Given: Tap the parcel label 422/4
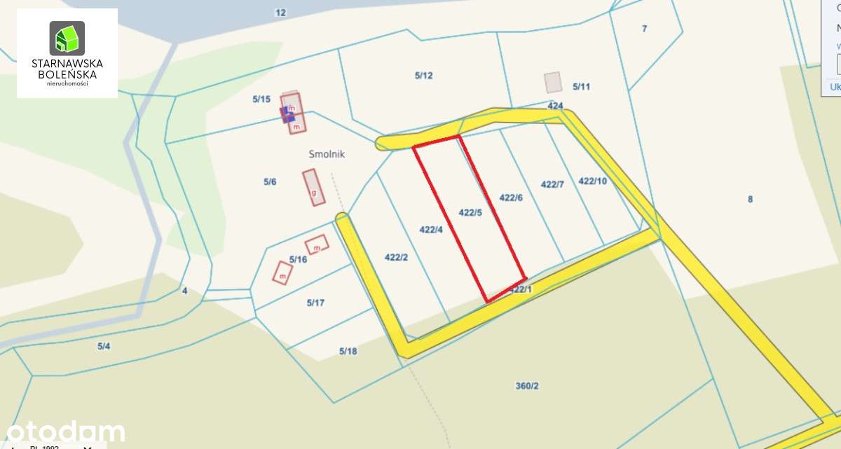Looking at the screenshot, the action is click(431, 229).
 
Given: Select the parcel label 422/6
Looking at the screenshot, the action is click(511, 198).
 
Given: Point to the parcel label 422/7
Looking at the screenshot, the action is click(552, 184).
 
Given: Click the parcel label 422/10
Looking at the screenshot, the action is click(592, 181).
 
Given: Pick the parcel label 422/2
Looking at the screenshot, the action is click(396, 257).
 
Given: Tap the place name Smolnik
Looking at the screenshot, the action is click(327, 153).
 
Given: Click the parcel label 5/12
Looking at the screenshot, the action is click(423, 76).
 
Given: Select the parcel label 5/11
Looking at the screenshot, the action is click(581, 87).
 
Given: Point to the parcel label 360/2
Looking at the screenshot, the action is click(527, 385).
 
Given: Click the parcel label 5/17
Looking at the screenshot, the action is click(315, 303).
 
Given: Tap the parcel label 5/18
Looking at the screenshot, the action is click(348, 351).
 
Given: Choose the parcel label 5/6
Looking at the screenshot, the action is click(270, 182).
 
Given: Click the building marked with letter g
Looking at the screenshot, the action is click(314, 188).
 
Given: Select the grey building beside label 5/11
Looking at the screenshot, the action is click(554, 83).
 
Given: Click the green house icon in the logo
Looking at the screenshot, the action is click(67, 39).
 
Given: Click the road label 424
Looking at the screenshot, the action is click(555, 106).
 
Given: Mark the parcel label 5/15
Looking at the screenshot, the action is click(261, 99).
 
